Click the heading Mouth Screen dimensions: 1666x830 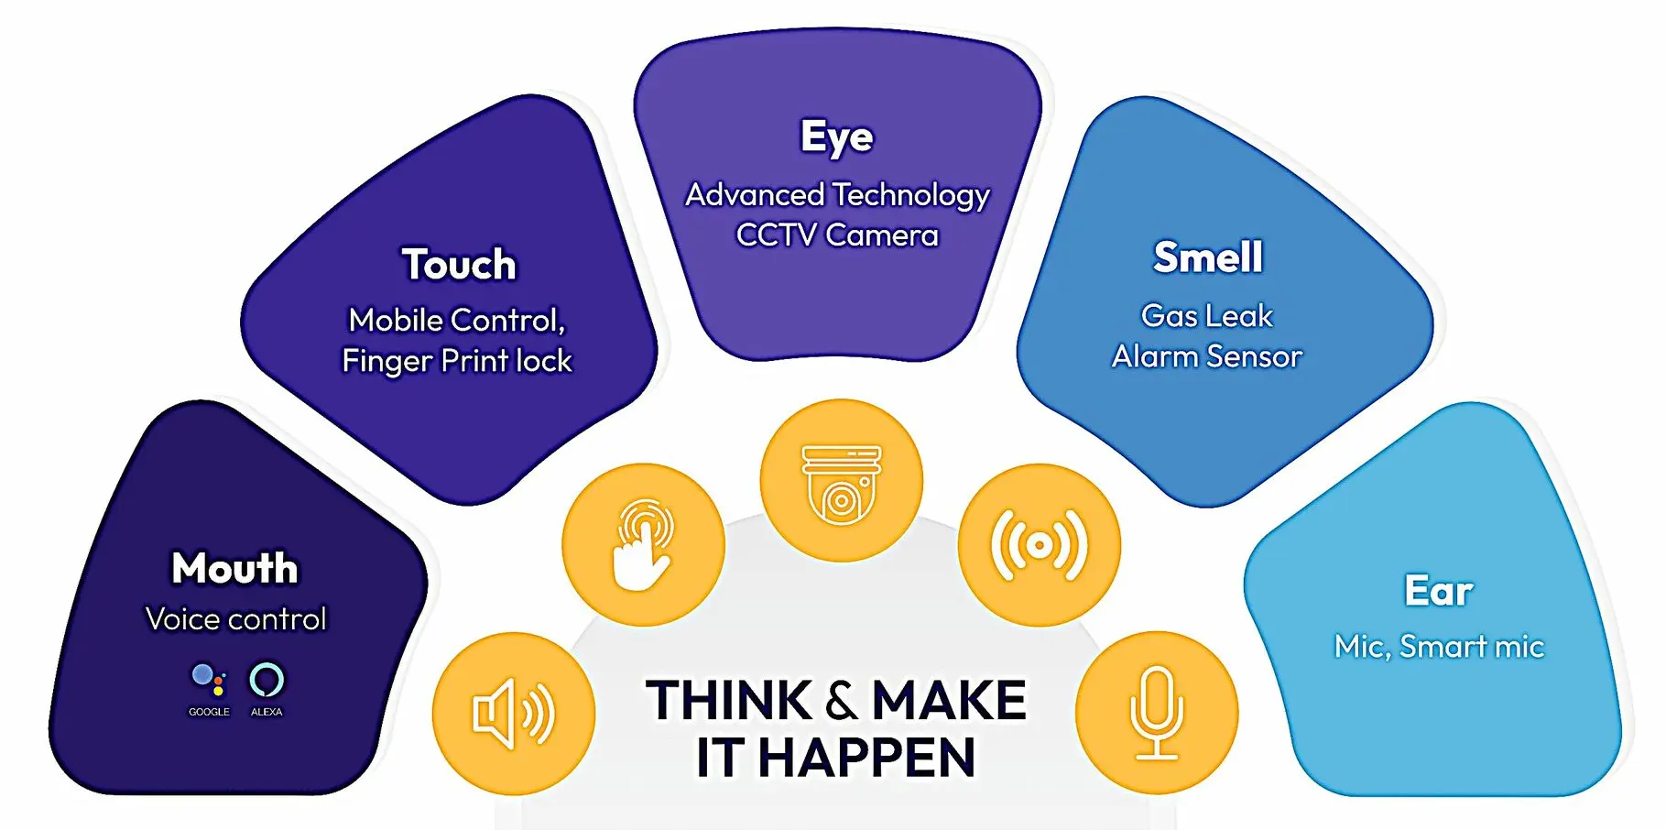tap(235, 568)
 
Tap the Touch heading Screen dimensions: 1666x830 tap(459, 265)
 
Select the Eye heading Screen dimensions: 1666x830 tap(837, 137)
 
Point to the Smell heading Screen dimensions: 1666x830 tap(1208, 257)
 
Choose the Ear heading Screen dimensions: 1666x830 tap(1439, 591)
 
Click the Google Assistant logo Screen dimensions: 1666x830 tap(209, 680)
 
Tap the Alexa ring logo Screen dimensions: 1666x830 tap(267, 680)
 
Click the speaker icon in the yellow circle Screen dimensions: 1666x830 tap(513, 714)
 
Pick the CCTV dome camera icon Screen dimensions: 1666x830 tap(841, 484)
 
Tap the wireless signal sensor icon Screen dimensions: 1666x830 tap(1039, 546)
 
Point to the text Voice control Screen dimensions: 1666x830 tap(235, 619)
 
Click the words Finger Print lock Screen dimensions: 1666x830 tap(457, 361)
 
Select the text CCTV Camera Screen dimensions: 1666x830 tap(837, 235)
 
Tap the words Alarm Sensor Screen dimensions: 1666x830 tap(1207, 356)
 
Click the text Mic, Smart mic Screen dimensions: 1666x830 tap(1439, 647)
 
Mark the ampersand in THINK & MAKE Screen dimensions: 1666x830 tap(842, 702)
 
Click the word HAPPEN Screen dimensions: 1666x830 tap(866, 759)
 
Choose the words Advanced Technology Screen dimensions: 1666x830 tap(837, 196)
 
